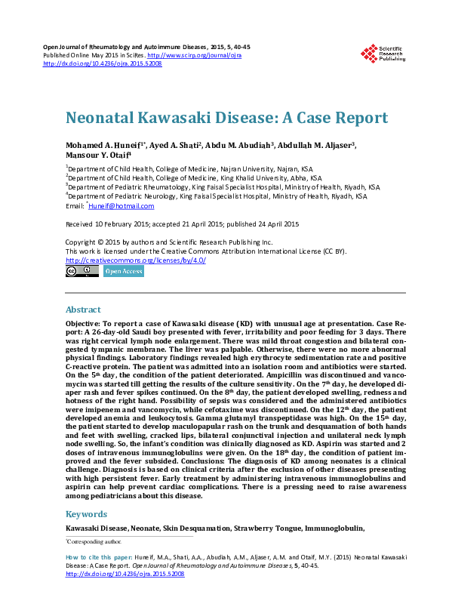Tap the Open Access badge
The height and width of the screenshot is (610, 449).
(x=124, y=270)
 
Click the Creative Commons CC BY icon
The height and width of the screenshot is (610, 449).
(x=81, y=270)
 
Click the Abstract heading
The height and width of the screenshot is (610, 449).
(x=83, y=310)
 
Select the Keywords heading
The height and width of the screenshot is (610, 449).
(x=86, y=513)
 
